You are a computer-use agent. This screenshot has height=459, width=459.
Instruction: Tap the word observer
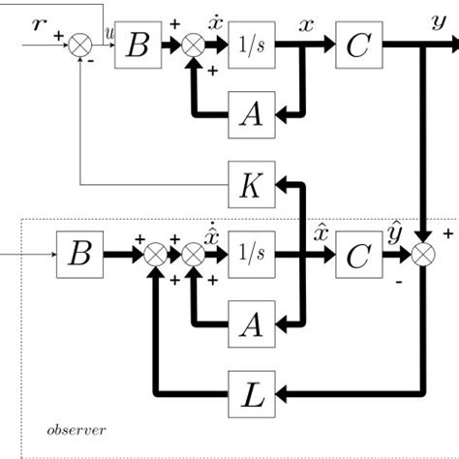point(76,428)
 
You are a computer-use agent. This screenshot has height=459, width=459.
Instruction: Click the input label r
point(38,22)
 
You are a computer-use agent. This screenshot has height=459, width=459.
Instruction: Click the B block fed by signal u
point(138,46)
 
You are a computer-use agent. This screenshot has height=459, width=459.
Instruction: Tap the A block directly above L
point(253,324)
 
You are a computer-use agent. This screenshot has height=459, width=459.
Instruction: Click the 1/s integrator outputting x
point(253,46)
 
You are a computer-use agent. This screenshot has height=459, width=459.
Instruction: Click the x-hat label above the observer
point(321,232)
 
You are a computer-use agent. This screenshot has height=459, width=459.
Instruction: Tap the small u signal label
point(107,33)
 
